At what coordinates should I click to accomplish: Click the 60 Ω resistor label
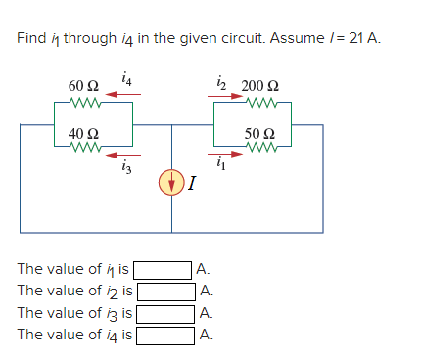(82, 85)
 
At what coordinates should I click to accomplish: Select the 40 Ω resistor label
(82, 134)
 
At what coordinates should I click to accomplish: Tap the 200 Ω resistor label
(258, 85)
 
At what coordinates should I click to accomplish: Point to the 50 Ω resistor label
(258, 132)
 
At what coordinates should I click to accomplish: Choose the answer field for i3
(164, 314)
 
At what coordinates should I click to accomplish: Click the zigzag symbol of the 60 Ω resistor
(83, 100)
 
